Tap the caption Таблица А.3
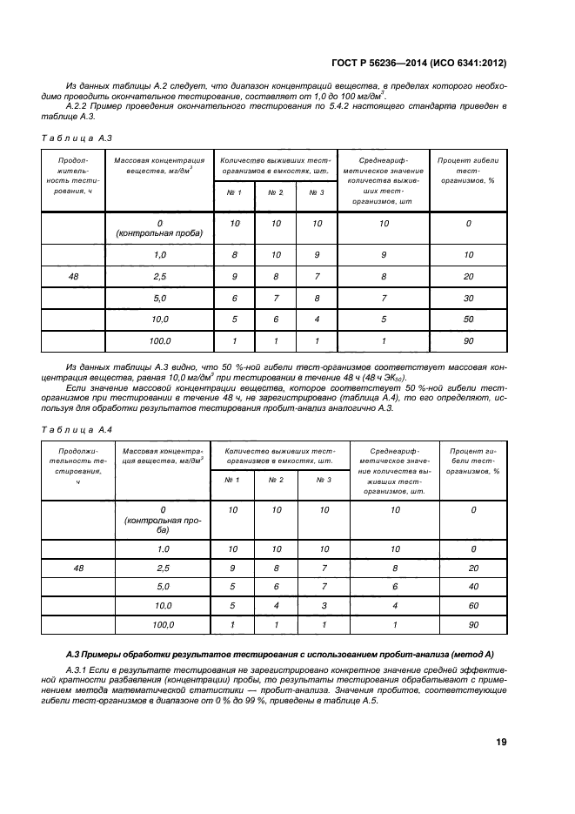[x=77, y=138]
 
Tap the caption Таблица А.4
[x=77, y=429]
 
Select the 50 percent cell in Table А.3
[x=468, y=320]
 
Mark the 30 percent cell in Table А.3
[x=468, y=299]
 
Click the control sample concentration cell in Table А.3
[x=159, y=228]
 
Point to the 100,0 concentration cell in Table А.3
[x=159, y=341]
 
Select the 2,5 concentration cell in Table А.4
[x=161, y=568]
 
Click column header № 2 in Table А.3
[x=276, y=192]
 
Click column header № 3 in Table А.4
[x=324, y=480]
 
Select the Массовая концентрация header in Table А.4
[x=161, y=458]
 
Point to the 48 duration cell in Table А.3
[x=74, y=277]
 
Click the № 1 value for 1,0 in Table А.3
[x=234, y=255]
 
